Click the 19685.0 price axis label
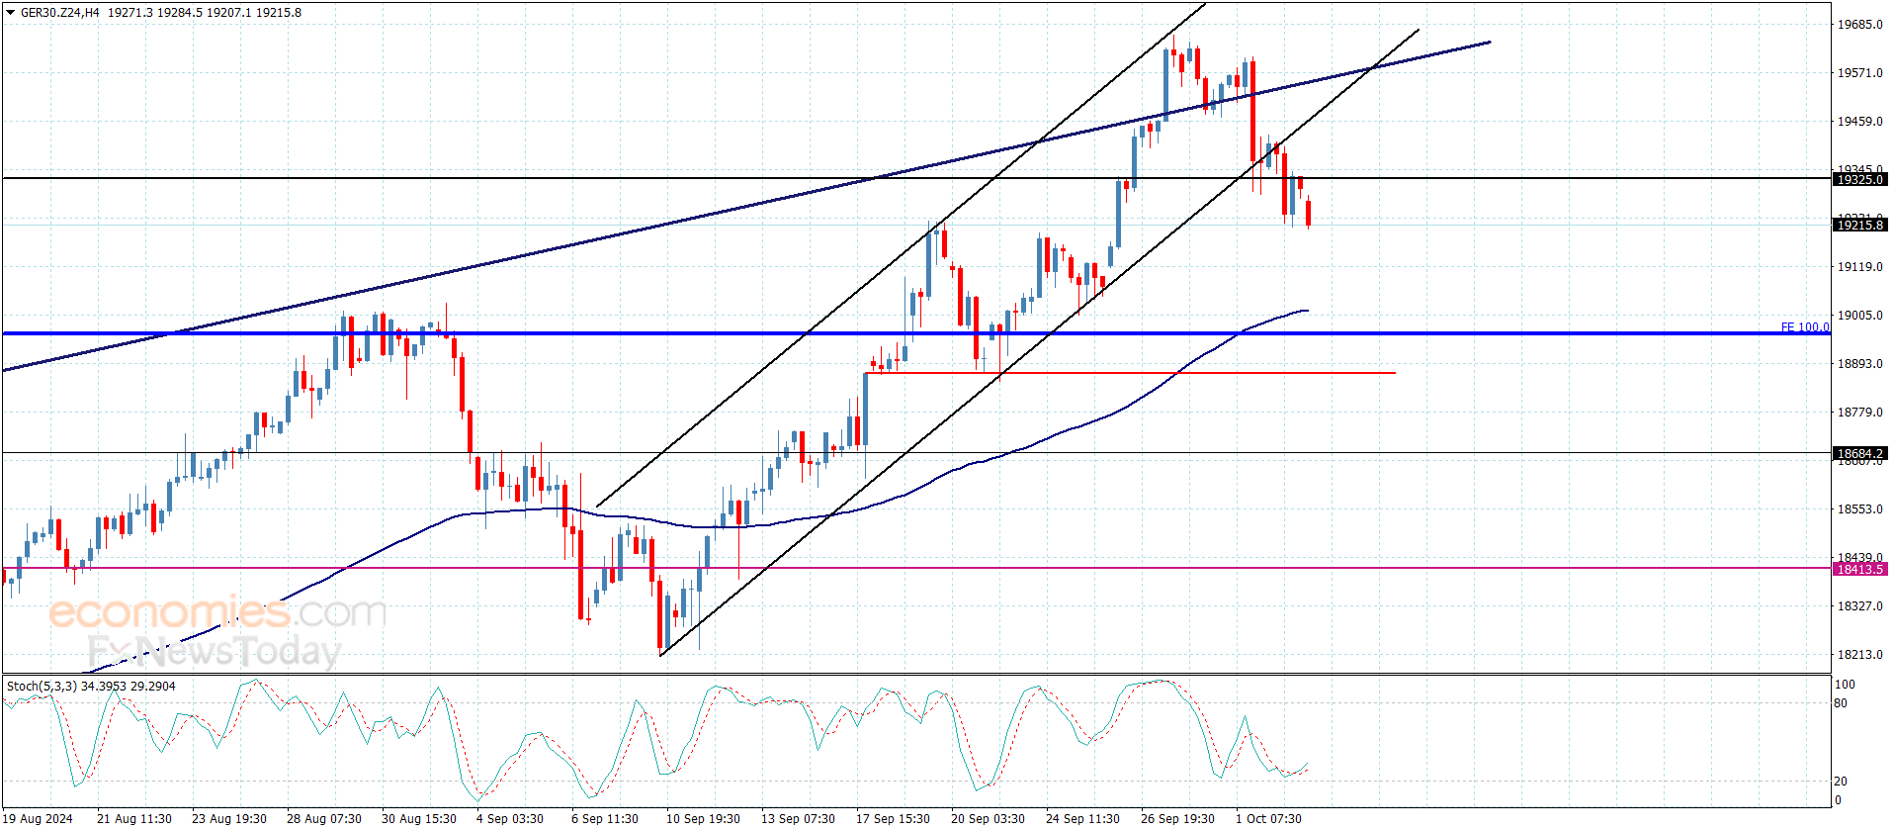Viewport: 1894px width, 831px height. pyautogui.click(x=1859, y=25)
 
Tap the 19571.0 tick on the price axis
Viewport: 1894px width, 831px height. pyautogui.click(x=1859, y=73)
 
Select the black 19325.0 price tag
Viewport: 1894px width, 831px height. pyautogui.click(x=1859, y=180)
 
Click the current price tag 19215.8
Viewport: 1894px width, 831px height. pyautogui.click(x=1859, y=226)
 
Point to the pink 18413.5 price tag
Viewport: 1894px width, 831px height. pyautogui.click(x=1859, y=570)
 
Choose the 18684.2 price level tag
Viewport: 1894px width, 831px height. pyautogui.click(x=1859, y=454)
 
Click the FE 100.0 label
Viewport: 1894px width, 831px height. pyautogui.click(x=1804, y=327)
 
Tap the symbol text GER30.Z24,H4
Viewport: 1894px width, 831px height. pyautogui.click(x=60, y=13)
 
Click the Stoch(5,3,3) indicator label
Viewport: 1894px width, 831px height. pyautogui.click(x=42, y=687)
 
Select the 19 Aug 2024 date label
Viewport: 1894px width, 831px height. pyautogui.click(x=38, y=819)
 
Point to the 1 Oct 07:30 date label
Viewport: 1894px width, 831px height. pyautogui.click(x=1268, y=819)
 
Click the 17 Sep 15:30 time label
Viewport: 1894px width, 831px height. pyautogui.click(x=893, y=819)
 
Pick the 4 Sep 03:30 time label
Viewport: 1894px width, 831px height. pyautogui.click(x=509, y=819)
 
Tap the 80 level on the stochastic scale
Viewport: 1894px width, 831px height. pyautogui.click(x=1841, y=704)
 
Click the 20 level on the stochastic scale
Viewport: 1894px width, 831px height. pyautogui.click(x=1841, y=782)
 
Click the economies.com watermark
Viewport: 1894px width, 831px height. pyautogui.click(x=217, y=613)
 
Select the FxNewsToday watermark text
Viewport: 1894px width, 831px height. pyautogui.click(x=214, y=652)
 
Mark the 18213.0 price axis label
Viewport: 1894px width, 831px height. pyautogui.click(x=1859, y=655)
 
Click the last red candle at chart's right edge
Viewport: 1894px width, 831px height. pyautogui.click(x=1308, y=213)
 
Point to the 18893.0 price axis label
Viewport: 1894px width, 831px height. pyautogui.click(x=1859, y=364)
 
